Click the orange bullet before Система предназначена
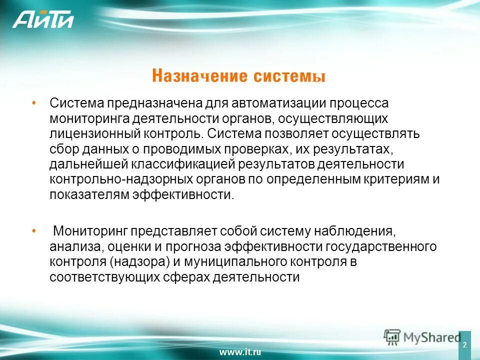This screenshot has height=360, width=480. pos(33,102)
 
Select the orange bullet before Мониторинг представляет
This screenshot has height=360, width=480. pos(33,231)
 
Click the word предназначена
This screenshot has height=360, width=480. pos(154,103)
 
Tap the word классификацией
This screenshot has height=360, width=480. pos(195,164)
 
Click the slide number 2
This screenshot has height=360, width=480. pos(464,345)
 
